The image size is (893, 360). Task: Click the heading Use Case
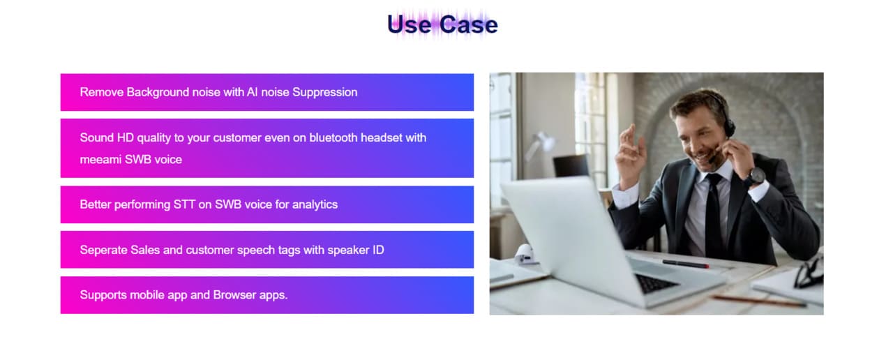[442, 24]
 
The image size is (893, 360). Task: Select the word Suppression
[325, 93]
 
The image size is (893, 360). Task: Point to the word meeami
[100, 160]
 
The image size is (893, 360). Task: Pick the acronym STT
[184, 204]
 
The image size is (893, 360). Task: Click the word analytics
[315, 205]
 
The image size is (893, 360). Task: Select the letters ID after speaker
[378, 250]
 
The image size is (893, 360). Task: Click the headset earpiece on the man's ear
[729, 124]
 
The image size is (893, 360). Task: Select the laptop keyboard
[655, 283]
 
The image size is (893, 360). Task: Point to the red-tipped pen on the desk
[686, 264]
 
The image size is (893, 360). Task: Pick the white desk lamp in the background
[539, 144]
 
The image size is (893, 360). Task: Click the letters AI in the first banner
[252, 93]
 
